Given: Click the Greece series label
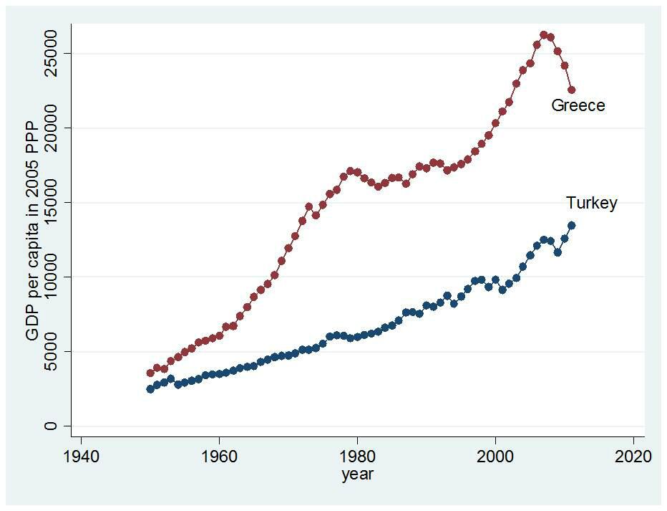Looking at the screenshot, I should click(578, 106).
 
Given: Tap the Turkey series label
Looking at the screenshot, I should click(591, 203).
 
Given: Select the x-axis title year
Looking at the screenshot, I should click(357, 474).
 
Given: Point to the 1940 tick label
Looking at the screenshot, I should click(82, 457).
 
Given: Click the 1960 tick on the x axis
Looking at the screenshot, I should click(220, 457).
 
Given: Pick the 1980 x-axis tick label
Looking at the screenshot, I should click(358, 457).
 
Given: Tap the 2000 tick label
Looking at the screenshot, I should click(496, 457).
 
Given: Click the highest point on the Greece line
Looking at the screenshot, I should click(544, 34).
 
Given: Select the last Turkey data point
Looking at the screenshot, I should click(571, 225).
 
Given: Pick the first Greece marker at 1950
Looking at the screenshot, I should click(150, 373).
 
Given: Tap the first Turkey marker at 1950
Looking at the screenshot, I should click(150, 389).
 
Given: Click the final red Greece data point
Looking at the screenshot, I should click(571, 90).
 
